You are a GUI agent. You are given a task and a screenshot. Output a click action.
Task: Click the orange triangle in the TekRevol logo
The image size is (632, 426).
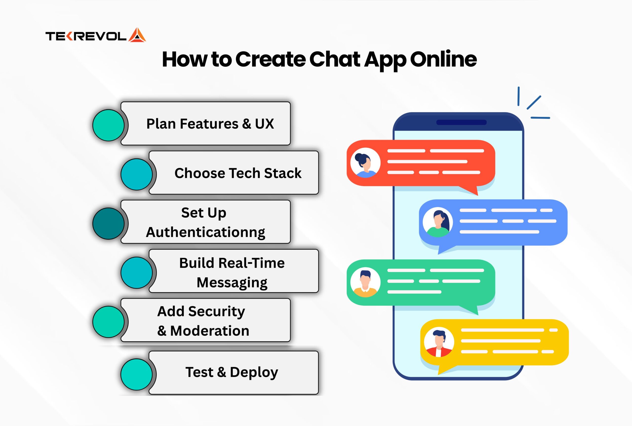137,35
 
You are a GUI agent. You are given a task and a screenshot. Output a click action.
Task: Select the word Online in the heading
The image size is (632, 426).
443,59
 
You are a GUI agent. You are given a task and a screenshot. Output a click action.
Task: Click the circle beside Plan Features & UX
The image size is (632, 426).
108,125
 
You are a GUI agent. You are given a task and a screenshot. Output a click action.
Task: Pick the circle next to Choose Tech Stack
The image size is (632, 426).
137,174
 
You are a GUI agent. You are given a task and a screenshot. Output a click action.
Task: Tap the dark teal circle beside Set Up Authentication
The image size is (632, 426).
108,223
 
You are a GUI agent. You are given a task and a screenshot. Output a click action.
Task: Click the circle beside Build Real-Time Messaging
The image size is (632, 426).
137,273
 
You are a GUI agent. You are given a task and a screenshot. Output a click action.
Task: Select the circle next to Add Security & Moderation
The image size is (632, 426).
108,322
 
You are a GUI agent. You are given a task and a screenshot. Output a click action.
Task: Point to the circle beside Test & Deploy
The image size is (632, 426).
137,374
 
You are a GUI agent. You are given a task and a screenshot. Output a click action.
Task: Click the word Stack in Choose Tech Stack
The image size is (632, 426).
283,173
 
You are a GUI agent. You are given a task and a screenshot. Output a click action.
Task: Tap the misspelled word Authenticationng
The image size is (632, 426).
206,232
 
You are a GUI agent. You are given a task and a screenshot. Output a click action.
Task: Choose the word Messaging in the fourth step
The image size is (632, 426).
232,283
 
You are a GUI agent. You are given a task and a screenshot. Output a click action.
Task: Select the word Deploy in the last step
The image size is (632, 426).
254,373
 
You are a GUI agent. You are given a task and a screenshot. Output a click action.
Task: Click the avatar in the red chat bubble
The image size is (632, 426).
365,163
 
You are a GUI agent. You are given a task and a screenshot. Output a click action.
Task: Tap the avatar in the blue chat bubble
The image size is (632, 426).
437,222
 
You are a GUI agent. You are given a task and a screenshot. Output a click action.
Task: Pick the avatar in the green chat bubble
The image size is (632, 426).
365,282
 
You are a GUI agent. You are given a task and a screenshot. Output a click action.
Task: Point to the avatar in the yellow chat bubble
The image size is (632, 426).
439,342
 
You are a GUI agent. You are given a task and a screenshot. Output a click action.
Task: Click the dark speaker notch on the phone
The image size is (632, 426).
461,123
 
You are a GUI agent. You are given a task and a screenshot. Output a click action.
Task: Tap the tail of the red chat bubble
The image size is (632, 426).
472,190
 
